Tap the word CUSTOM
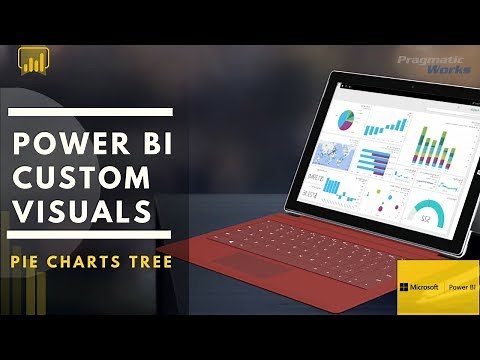[79, 178]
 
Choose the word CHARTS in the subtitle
[88, 262]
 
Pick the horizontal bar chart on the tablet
[375, 160]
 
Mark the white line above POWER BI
[90, 112]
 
